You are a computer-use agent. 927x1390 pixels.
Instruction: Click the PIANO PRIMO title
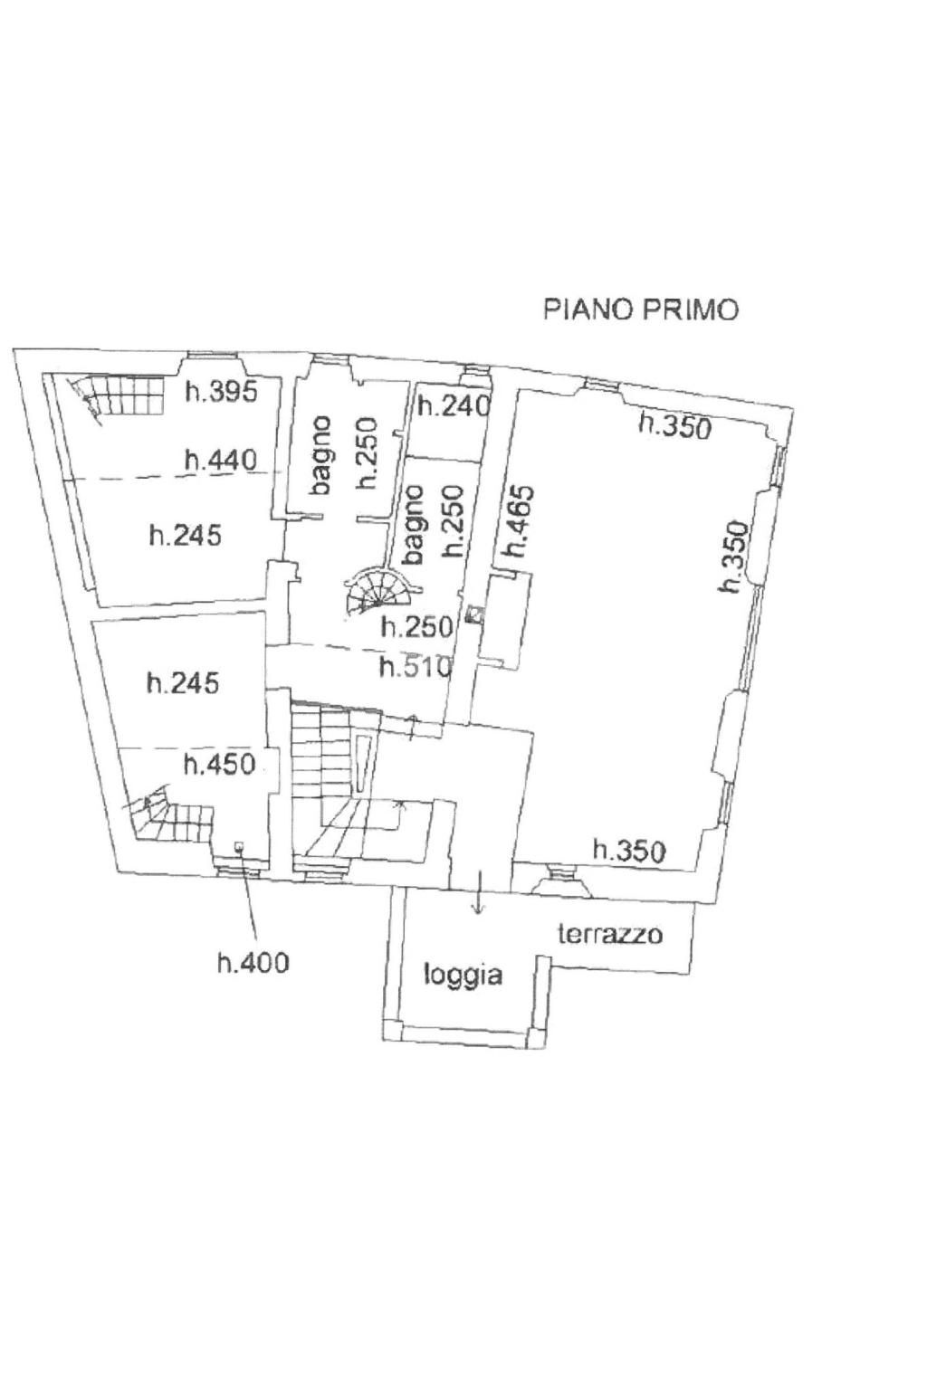coord(641,309)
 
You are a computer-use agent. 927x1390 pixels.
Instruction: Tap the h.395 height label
coord(221,392)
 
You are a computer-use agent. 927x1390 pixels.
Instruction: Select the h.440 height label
coord(220,460)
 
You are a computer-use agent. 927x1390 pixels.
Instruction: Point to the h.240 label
coord(454,405)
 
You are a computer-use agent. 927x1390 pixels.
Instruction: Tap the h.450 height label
coord(220,764)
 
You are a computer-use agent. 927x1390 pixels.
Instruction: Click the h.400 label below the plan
coord(253,962)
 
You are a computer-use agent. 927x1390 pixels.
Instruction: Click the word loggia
coord(463,976)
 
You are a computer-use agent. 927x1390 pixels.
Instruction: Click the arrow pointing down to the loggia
coord(477,891)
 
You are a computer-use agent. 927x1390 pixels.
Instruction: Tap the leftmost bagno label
coord(320,455)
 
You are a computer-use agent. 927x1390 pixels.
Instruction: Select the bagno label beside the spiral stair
coord(413,525)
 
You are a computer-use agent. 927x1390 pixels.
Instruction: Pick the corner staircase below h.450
coord(171,812)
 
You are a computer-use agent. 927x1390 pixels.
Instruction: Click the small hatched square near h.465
coord(476,614)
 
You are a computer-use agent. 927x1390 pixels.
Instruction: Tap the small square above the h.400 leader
coord(238,845)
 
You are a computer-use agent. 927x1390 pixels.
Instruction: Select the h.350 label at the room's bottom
coord(629,850)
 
